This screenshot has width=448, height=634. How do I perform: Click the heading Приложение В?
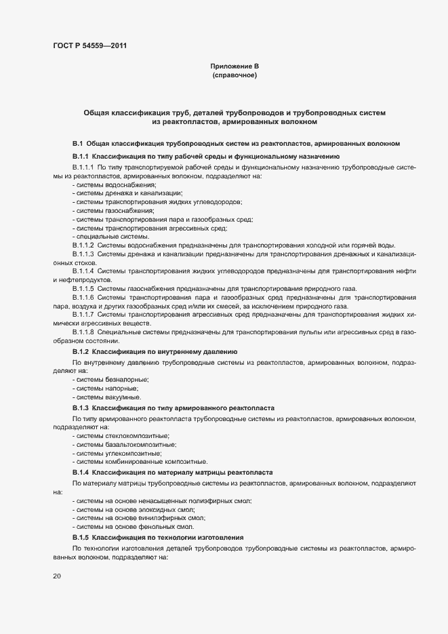[x=235, y=66]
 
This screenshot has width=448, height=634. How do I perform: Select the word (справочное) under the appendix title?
[x=235, y=75]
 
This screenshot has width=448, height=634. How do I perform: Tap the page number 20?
[x=56, y=576]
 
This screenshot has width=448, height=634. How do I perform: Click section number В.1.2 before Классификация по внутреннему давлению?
[x=80, y=351]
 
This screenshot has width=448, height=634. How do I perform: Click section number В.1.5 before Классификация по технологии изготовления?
[x=80, y=537]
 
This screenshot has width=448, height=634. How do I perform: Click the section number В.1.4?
[x=80, y=471]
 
